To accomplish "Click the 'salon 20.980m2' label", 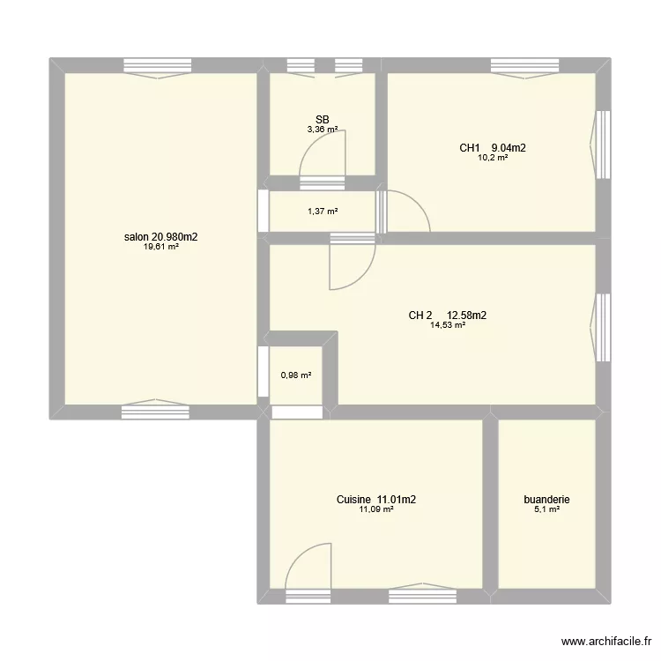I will [161, 237].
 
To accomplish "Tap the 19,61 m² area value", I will [161, 248].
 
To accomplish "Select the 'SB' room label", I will [323, 119].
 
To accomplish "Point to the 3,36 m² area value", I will [323, 130].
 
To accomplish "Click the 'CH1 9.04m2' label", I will [492, 148].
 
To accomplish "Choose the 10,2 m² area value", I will [492, 159].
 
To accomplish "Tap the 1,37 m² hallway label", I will [323, 212].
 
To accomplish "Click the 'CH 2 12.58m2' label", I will [448, 315].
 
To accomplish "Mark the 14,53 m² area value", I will [448, 325].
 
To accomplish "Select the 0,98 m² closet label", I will [296, 375].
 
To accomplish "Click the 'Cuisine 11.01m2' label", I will [376, 499].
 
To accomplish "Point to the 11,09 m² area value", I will [376, 509].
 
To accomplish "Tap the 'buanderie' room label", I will [546, 499].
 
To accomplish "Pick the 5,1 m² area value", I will [546, 509].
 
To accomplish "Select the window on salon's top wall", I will [157, 65].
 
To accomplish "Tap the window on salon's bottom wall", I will [155, 410].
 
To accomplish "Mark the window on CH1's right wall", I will [603, 145].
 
